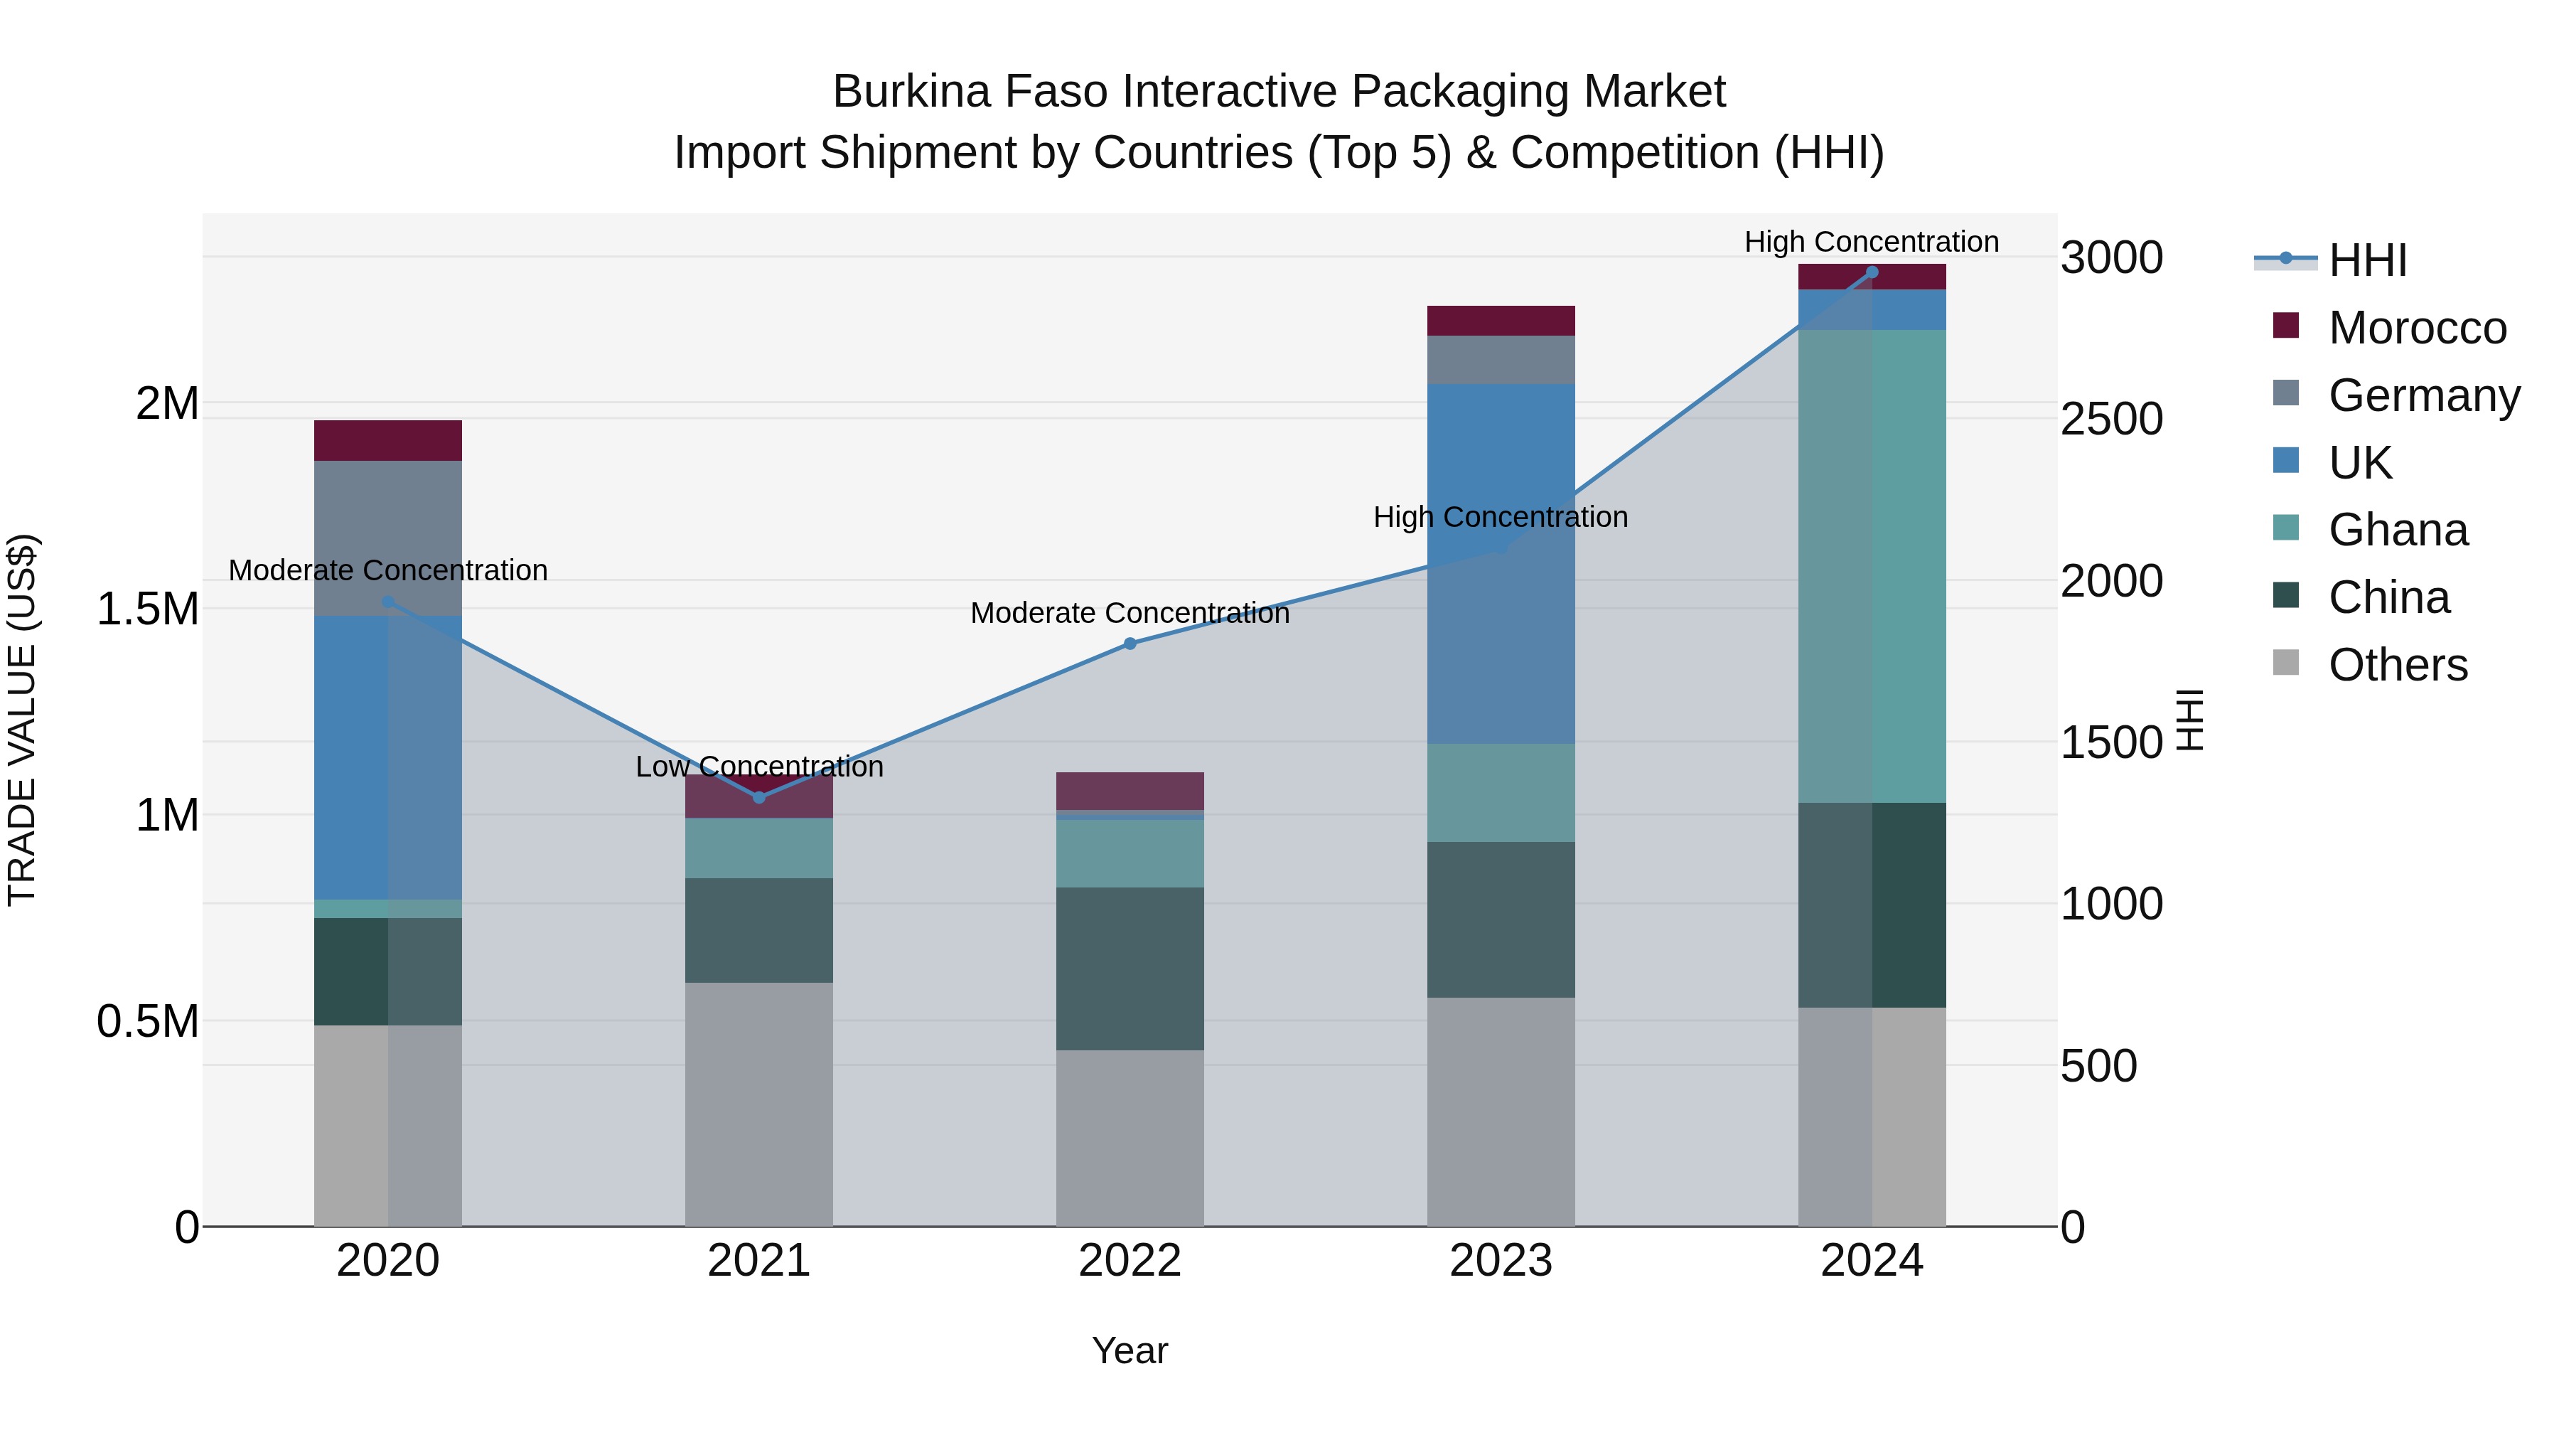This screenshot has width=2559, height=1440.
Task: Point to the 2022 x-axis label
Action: (1130, 1261)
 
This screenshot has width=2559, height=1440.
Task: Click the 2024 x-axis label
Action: (1872, 1261)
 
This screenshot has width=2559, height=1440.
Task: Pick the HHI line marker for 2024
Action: (1872, 272)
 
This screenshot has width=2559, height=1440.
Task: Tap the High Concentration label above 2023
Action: (1500, 517)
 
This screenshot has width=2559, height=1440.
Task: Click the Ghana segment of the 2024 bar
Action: (1872, 567)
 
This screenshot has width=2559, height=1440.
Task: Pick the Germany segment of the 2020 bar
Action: (388, 538)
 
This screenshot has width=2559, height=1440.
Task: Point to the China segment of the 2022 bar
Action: (1130, 969)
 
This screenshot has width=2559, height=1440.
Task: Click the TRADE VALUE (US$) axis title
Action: (22, 720)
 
